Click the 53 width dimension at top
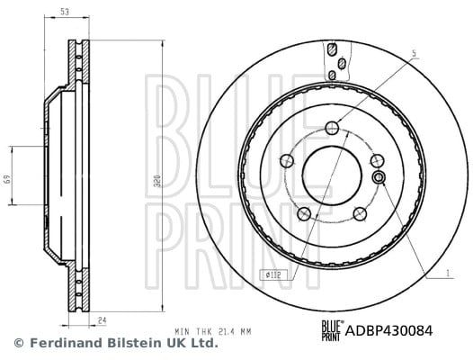65,12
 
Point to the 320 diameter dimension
158,180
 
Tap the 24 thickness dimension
103,320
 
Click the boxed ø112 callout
273,274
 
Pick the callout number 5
415,53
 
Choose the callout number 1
448,274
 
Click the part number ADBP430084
388,330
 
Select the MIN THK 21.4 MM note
213,331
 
